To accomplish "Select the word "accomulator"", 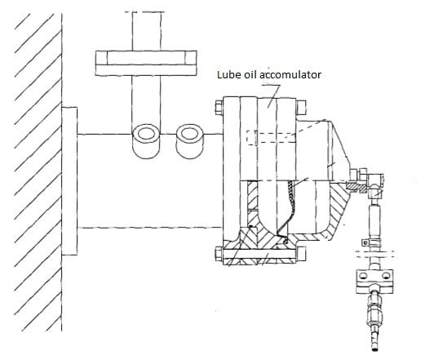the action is pos(290,74).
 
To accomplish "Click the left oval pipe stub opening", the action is pos(146,133).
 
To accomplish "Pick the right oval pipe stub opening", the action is pos(189,133).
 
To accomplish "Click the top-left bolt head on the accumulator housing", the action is pos(219,107).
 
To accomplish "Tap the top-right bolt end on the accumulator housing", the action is pos(301,107).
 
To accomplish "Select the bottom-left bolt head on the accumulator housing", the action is pos(219,254).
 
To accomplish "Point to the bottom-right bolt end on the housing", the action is pos(301,254).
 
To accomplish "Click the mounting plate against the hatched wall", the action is pos(69,181).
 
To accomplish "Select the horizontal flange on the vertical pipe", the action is pos(146,63).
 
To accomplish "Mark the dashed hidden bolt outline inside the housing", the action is pos(271,137).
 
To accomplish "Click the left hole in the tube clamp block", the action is pos(363,277).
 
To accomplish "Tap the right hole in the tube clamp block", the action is pos(386,277).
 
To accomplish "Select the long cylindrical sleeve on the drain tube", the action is pos(374,220).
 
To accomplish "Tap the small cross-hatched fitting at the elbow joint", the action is pos(356,187).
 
